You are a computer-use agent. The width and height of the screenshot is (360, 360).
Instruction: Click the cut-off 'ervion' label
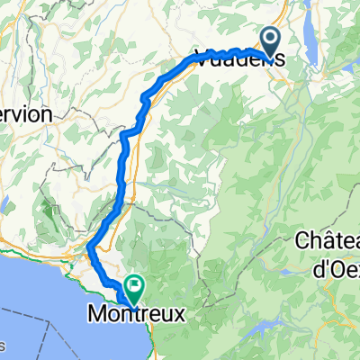tap(27, 115)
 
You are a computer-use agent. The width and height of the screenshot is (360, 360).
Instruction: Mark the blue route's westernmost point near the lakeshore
tap(91, 246)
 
